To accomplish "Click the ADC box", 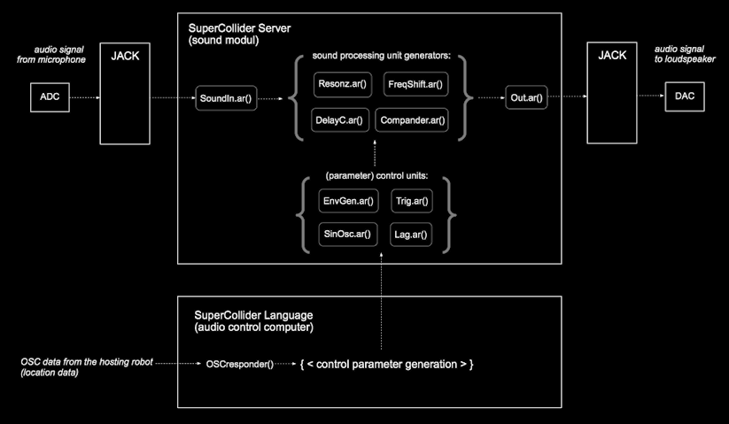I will [50, 97].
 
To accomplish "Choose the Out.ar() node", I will [525, 96].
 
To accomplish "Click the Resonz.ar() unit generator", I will [340, 85].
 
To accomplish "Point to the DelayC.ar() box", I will [338, 119].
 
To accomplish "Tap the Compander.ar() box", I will [412, 119].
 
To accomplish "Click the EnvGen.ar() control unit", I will [348, 201].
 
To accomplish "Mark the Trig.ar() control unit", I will [411, 201].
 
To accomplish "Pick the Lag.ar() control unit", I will [411, 235].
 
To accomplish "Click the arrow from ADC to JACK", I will [85, 97].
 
